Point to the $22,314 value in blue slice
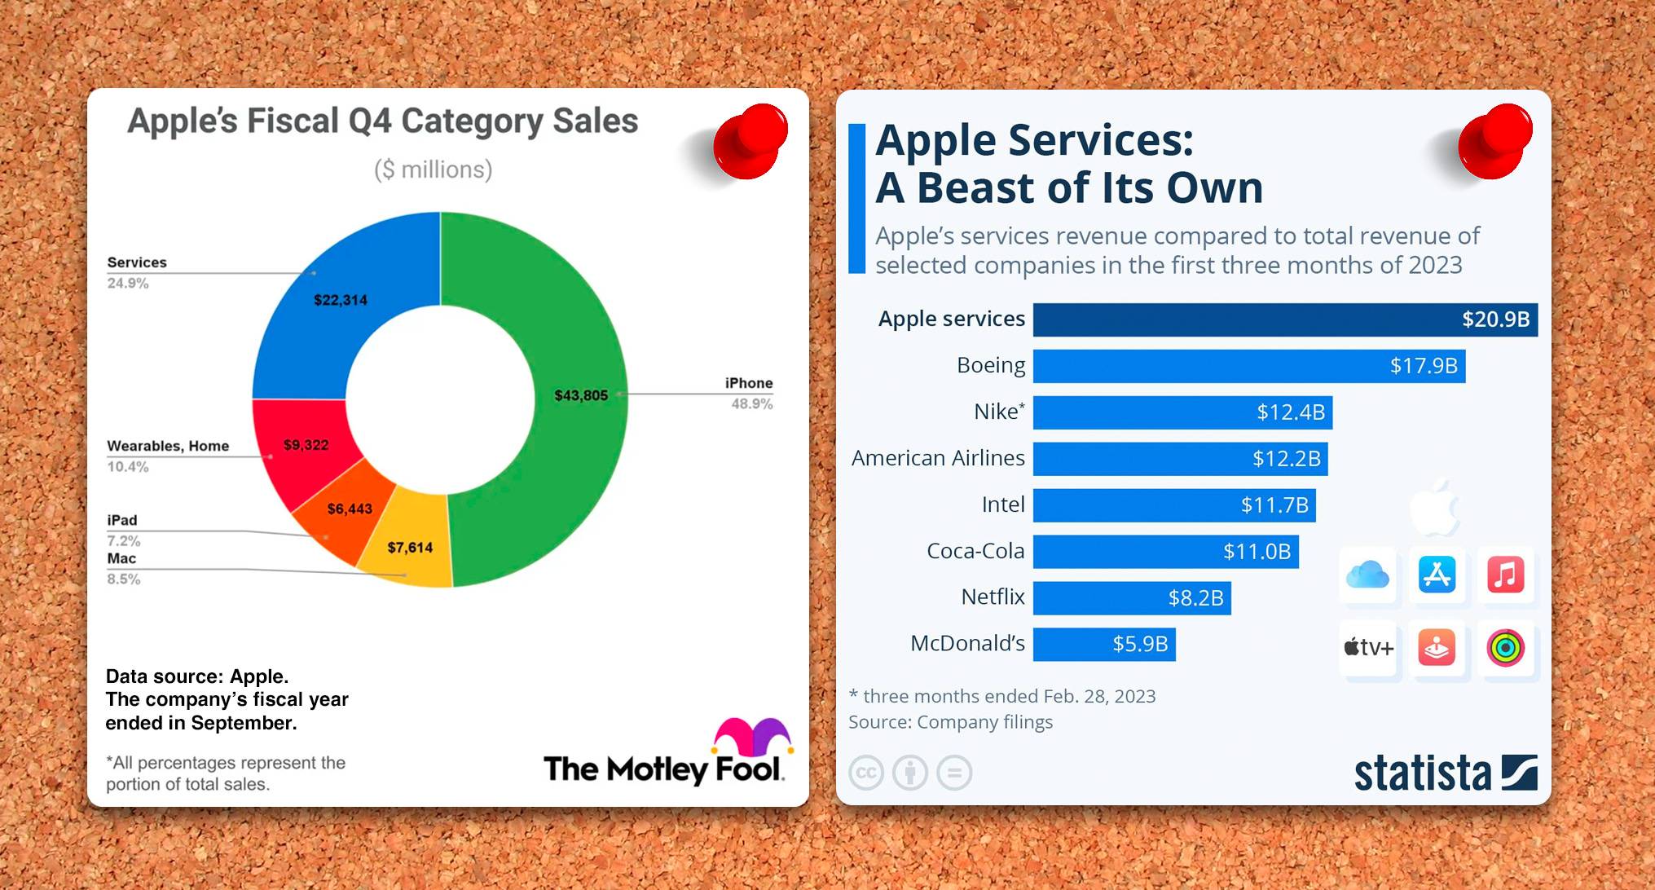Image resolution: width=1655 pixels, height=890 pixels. (341, 300)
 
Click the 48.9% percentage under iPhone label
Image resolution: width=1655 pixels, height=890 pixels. (751, 403)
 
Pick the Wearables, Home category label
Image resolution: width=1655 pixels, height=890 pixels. (168, 446)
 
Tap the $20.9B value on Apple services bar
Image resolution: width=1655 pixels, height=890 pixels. (1495, 319)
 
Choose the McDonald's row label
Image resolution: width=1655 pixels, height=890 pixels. (967, 644)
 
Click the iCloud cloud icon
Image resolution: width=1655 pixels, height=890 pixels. (1367, 575)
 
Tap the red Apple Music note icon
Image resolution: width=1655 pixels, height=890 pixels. (1505, 575)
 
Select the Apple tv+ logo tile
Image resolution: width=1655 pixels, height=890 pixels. (1368, 648)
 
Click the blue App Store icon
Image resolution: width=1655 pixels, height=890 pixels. (1437, 575)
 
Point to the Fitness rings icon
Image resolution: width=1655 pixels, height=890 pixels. (1505, 648)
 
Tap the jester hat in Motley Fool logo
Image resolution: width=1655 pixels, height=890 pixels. (751, 736)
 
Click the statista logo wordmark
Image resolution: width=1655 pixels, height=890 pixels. (1422, 773)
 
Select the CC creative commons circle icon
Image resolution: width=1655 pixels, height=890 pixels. (865, 773)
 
